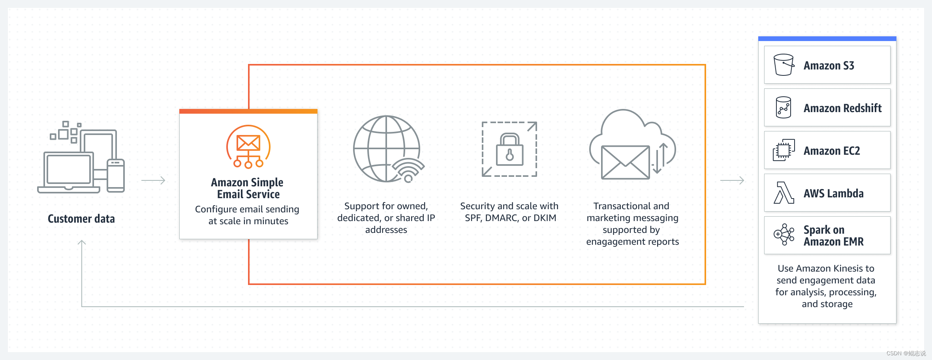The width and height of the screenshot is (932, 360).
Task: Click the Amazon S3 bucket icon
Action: tap(784, 65)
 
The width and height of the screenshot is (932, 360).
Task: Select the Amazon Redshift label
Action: tap(842, 108)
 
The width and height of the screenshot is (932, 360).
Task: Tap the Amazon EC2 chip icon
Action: tap(784, 150)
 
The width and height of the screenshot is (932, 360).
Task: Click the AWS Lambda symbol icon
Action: tap(784, 193)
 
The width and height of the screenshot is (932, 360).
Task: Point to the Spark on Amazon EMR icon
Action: tap(784, 235)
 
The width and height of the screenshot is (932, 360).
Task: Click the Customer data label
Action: tap(81, 219)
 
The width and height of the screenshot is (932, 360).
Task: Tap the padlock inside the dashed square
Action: tap(509, 150)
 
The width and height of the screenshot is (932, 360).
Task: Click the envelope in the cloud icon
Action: tap(625, 162)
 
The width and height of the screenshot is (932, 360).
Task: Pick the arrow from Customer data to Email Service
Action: tap(153, 180)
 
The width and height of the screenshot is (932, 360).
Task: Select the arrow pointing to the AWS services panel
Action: tap(732, 180)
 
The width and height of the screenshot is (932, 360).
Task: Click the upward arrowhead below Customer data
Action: tap(82, 242)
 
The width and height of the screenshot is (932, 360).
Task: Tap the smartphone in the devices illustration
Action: tap(116, 176)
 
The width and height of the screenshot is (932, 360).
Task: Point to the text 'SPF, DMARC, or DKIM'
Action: tap(510, 218)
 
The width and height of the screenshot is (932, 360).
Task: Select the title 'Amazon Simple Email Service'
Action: tap(248, 188)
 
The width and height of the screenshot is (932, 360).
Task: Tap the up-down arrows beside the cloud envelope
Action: tap(660, 158)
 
